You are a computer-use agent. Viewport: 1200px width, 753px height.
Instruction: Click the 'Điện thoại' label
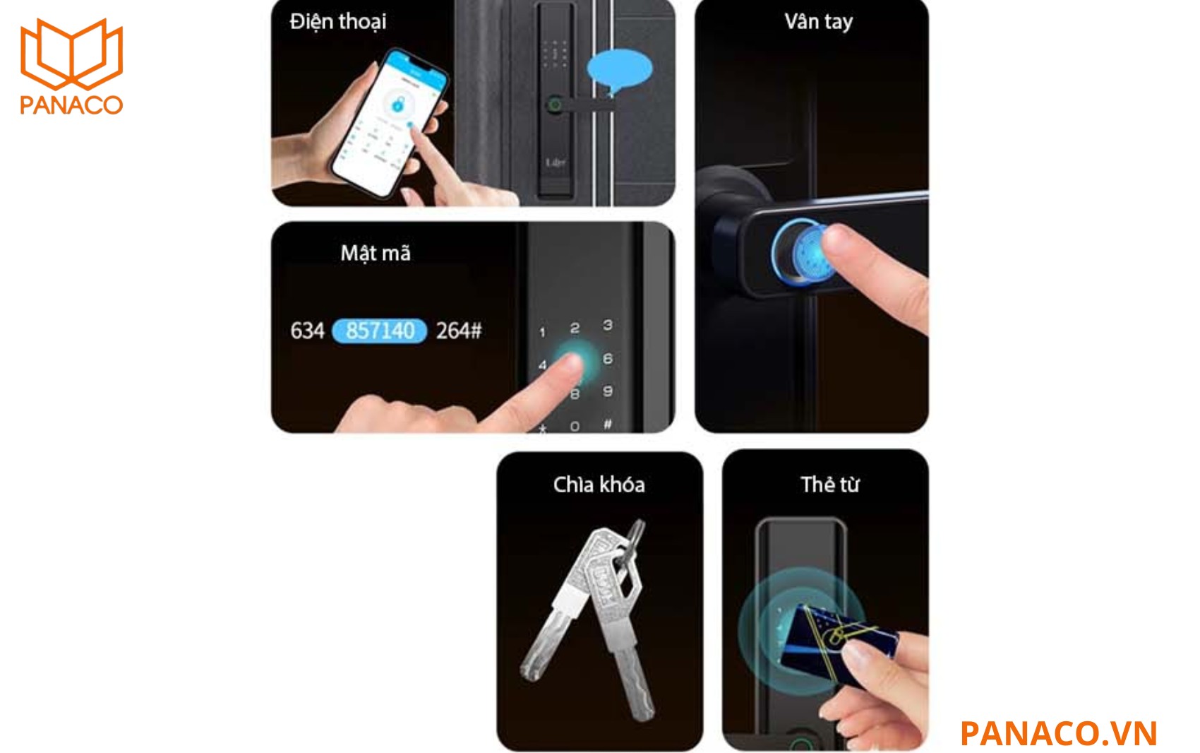338,22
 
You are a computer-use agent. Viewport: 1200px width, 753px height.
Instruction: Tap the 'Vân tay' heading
818,22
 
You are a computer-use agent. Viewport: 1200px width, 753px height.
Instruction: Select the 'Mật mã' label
375,253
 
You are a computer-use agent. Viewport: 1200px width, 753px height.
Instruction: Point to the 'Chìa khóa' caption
599,485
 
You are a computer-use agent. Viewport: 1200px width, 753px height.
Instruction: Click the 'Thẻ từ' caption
829,485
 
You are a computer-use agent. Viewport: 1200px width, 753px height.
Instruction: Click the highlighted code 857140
380,331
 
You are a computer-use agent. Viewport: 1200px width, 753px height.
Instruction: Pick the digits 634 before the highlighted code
307,331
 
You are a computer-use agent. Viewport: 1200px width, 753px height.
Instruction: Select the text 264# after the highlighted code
459,331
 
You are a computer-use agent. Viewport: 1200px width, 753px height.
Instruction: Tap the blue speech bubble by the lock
619,69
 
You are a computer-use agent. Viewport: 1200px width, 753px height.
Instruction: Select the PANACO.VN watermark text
1058,733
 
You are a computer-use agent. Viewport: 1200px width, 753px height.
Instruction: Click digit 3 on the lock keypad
607,325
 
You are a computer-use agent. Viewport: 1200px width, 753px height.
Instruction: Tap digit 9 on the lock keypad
607,391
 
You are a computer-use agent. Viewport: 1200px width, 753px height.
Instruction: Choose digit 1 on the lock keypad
542,332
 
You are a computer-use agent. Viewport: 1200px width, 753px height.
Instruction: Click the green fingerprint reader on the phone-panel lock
554,106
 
